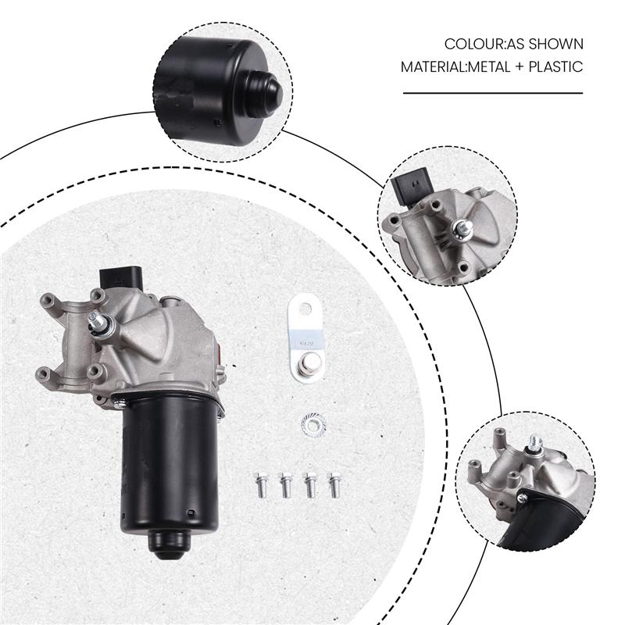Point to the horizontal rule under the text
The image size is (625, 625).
pyautogui.click(x=493, y=93)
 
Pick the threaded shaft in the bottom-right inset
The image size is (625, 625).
pyautogui.click(x=535, y=445)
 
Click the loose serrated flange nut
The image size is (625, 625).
pyautogui.click(x=312, y=426)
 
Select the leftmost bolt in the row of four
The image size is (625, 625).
pyautogui.click(x=262, y=484)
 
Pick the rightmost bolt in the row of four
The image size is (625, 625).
pyautogui.click(x=334, y=484)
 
